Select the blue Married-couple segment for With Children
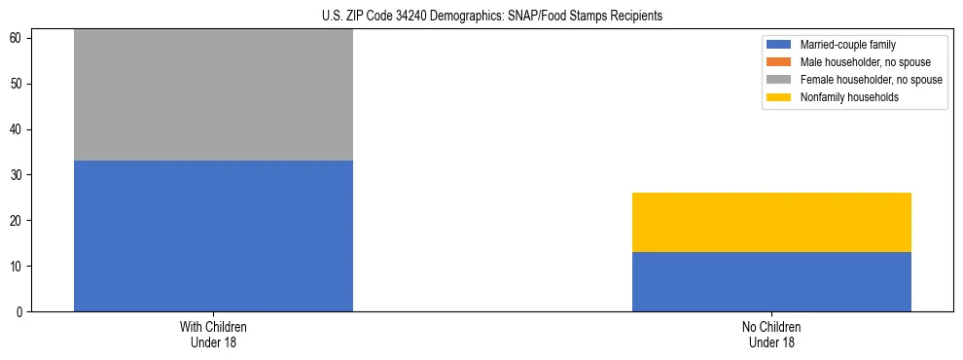coord(213,235)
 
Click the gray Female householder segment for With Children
coord(213,95)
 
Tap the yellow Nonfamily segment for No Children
coord(771,222)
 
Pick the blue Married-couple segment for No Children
coord(771,281)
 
